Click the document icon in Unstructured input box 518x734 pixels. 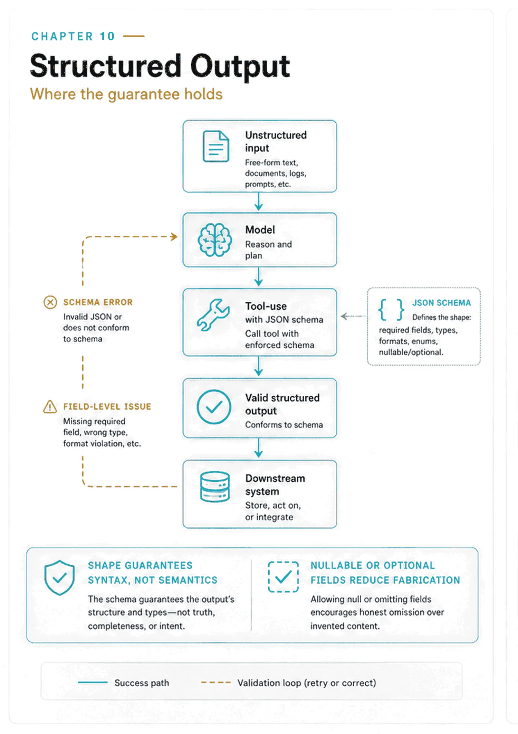pos(216,146)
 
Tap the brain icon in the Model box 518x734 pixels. pos(215,239)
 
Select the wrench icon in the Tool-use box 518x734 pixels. pos(213,315)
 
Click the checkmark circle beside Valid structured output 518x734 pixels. pos(214,407)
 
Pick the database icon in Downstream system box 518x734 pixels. pos(215,487)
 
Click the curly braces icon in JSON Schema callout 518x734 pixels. pos(391,310)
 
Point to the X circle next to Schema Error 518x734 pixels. pos(50,302)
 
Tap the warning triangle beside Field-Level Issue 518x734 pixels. pos(50,407)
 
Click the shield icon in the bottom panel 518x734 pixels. pos(59,577)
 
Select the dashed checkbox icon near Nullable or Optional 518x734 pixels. pos(284,577)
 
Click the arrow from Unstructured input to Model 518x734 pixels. pos(259,201)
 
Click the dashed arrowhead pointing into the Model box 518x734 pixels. pos(174,237)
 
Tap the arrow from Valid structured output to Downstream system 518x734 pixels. pos(259,448)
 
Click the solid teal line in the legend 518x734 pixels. pos(93,682)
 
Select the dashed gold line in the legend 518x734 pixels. pos(216,683)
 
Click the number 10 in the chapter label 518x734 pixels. pos(107,36)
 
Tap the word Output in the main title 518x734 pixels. pos(240,66)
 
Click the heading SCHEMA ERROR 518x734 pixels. pos(98,302)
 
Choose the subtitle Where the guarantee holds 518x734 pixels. pos(126,94)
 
